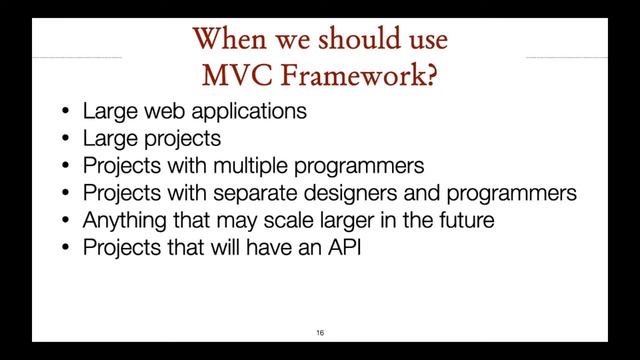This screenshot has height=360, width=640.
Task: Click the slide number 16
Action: pos(320,332)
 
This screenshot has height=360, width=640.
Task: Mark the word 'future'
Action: pos(463,220)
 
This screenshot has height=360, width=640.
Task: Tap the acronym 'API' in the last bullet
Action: pos(341,247)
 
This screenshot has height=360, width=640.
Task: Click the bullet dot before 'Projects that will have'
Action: pos(64,248)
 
